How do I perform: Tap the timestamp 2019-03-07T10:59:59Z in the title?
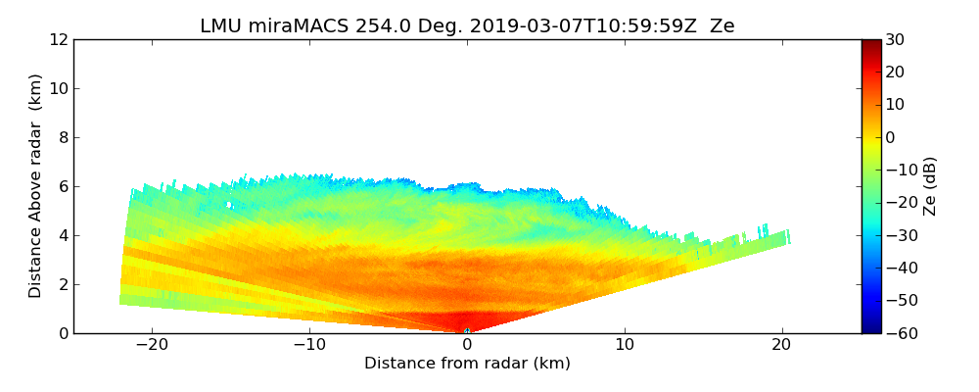pyautogui.click(x=583, y=26)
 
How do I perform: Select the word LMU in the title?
pyautogui.click(x=220, y=26)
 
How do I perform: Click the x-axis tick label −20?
pyautogui.click(x=152, y=345)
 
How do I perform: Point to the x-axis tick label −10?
pyautogui.click(x=309, y=345)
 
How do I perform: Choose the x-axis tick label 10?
pyautogui.click(x=625, y=345)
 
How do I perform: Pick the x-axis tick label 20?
pyautogui.click(x=782, y=345)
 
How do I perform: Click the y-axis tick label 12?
pyautogui.click(x=59, y=39)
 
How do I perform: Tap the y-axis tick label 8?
pyautogui.click(x=63, y=137)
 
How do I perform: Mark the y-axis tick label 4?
pyautogui.click(x=63, y=235)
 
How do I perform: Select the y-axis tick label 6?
pyautogui.click(x=63, y=186)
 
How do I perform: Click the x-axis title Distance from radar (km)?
pyautogui.click(x=467, y=364)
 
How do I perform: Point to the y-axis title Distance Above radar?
pyautogui.click(x=36, y=185)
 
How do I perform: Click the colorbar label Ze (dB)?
pyautogui.click(x=930, y=186)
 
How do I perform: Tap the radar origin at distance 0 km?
pyautogui.click(x=467, y=331)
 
